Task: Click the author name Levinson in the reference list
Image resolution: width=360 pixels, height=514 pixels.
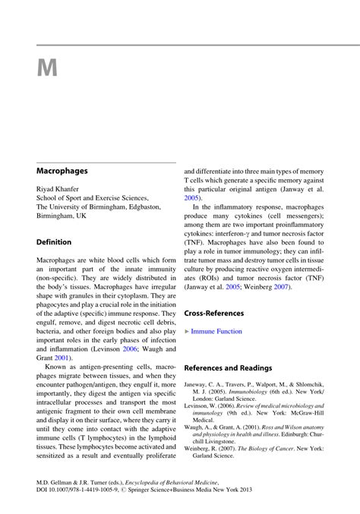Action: point(200,407)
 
